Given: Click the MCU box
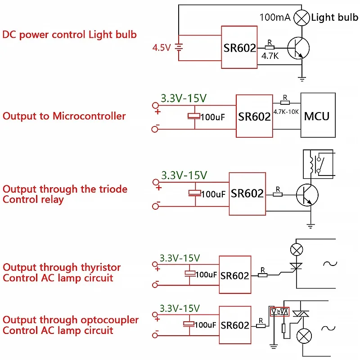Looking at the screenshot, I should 318,115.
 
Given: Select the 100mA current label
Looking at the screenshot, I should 275,18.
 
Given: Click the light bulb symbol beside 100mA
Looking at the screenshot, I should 301,18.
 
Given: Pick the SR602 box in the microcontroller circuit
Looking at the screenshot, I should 254,116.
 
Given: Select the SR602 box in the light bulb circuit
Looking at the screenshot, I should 239,47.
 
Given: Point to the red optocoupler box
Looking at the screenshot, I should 278,311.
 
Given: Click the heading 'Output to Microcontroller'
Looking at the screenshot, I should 64,116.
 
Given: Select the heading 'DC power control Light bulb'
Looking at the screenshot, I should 69,34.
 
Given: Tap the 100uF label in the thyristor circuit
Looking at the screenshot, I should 206,274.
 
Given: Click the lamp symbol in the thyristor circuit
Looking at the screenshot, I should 296,249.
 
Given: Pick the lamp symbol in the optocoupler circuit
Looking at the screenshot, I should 306,335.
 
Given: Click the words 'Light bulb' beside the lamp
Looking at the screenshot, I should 335,18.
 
